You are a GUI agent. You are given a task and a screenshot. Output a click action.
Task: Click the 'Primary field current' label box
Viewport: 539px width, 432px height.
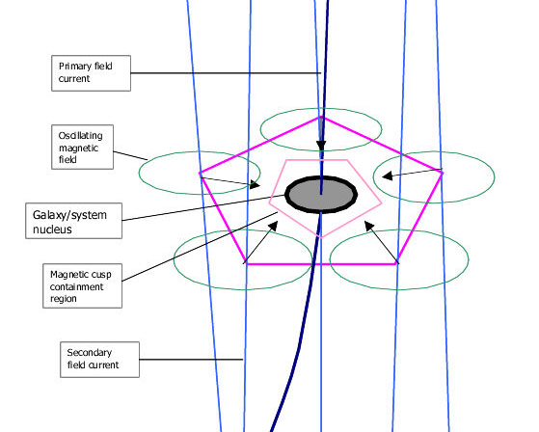91,73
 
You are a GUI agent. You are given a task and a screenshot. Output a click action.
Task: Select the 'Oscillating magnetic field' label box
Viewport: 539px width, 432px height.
83,148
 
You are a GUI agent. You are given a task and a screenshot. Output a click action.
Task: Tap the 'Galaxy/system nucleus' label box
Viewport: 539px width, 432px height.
74,221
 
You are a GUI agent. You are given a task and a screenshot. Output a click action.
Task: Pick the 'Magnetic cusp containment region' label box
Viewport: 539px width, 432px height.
83,286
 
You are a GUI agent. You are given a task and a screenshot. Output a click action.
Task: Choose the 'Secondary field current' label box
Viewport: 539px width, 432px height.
99,360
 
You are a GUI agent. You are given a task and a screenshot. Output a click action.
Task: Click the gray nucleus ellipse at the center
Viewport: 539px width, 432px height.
321,195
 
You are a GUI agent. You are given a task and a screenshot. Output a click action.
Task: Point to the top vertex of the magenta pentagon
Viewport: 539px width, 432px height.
321,118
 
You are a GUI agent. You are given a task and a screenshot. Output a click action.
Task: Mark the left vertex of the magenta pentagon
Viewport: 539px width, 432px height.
201,173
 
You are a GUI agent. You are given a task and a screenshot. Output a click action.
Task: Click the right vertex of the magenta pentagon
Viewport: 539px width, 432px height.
442,173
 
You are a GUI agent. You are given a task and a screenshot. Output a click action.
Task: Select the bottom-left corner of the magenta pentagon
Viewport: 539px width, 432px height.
246,264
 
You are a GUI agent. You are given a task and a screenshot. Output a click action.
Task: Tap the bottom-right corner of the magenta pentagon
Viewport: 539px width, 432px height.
397,264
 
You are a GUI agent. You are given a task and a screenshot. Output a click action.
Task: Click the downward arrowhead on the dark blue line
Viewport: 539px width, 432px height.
321,146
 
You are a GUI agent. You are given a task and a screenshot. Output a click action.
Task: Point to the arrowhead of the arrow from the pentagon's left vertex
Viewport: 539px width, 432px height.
256,184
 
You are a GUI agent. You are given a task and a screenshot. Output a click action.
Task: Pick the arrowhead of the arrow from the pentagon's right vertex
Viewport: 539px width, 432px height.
387,175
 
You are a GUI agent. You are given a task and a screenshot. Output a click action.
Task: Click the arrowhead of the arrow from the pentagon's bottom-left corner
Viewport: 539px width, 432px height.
274,226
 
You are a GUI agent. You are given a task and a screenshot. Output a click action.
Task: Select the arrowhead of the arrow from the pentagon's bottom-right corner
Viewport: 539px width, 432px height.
369,226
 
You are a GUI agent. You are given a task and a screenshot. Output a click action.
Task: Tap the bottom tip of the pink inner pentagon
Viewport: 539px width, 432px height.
321,237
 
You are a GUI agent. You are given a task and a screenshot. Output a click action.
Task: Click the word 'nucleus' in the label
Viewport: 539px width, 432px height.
52,229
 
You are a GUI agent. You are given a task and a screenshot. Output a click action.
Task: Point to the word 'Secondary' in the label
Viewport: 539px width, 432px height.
90,353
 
